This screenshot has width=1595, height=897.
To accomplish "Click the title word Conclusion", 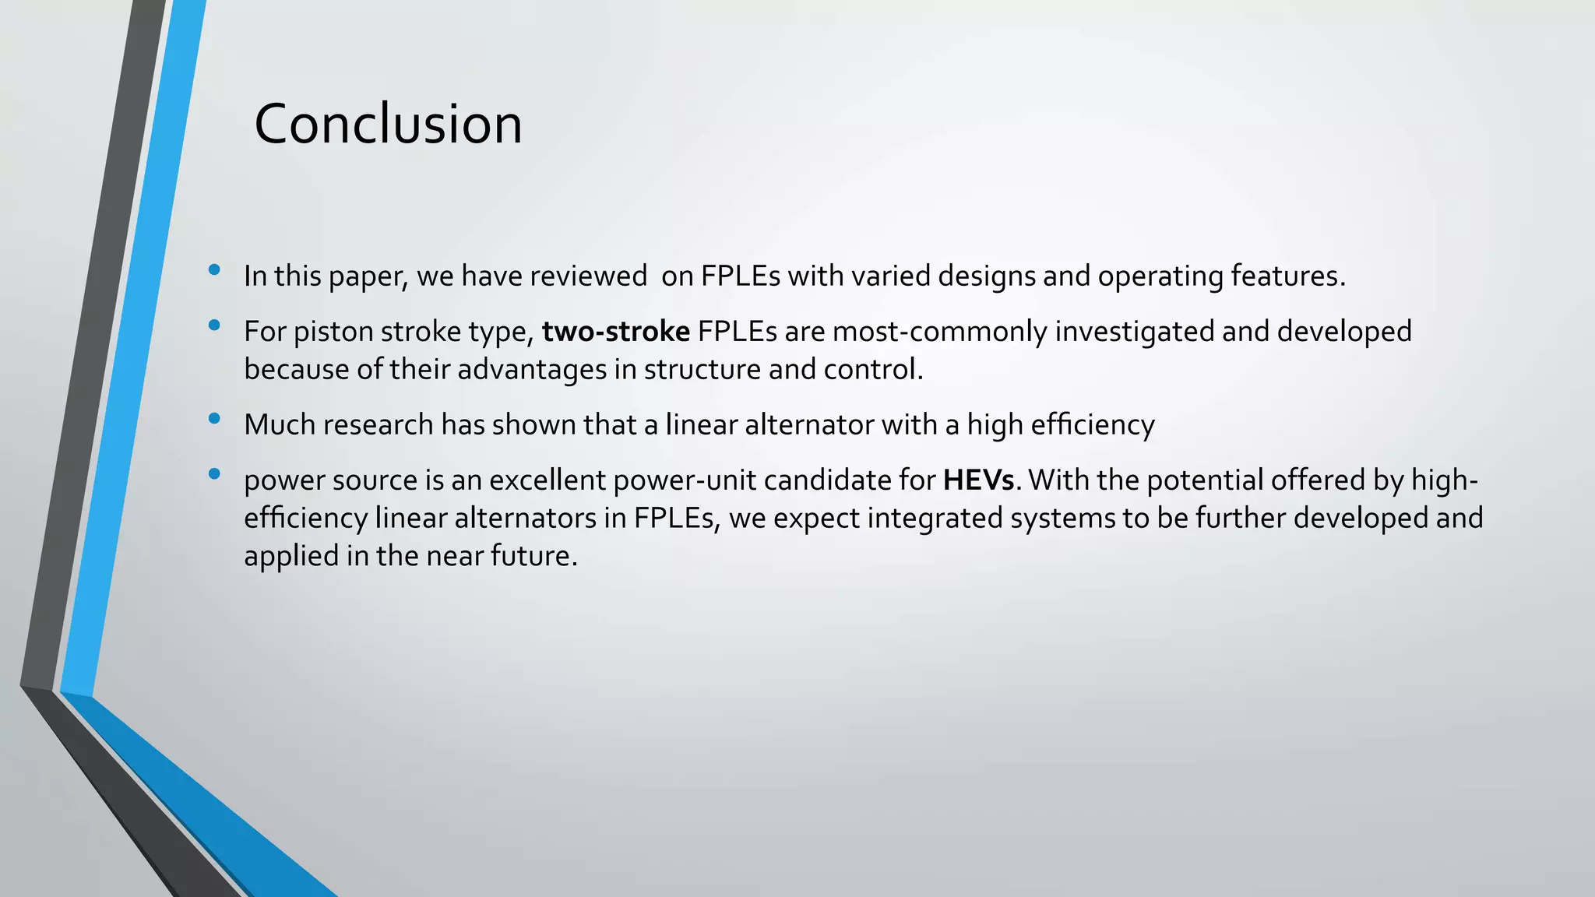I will click(388, 125).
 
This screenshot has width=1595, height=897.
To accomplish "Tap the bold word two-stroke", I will click(615, 332).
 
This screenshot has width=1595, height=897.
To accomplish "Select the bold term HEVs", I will click(978, 480).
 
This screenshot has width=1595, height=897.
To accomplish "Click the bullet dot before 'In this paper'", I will click(214, 270).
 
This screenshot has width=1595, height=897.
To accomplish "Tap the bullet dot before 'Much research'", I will click(214, 419).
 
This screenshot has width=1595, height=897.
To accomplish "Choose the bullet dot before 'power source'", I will click(214, 474).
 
